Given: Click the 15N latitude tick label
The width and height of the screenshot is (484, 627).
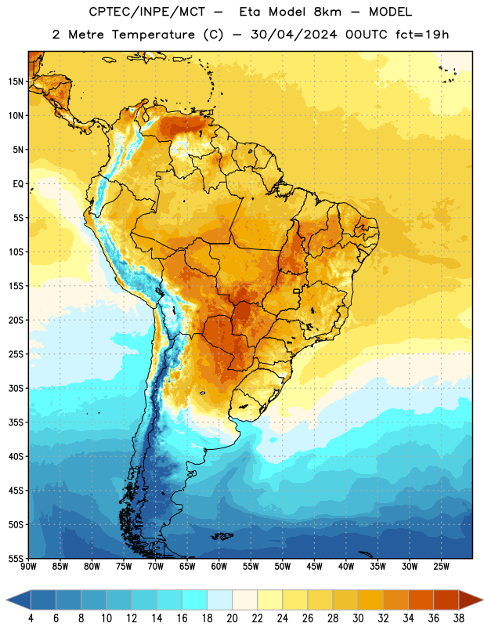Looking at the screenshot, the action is coord(16,82).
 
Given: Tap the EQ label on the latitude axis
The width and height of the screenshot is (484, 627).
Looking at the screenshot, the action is coord(18,184).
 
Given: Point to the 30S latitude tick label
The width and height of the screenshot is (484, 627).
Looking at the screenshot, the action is coord(16,388).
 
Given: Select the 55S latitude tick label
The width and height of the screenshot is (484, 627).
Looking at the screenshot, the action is coord(16,558).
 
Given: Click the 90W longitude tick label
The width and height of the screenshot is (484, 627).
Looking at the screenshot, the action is coord(28,567).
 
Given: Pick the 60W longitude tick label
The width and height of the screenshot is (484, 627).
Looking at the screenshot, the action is coord(219,567).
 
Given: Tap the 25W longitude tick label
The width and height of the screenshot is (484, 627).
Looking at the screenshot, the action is coord(441,567).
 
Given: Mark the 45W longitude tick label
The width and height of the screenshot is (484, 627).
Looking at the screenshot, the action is coord(314,567).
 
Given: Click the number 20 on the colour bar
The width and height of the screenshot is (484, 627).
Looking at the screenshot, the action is coord(232,618).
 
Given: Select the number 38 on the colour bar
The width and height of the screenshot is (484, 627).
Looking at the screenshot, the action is coord(459,618).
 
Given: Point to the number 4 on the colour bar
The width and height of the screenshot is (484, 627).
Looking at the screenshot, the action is coord(31,618).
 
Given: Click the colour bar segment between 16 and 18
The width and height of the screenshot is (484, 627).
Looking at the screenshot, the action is coord(195,600).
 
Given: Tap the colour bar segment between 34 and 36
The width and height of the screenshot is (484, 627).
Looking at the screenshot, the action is coord(421,600).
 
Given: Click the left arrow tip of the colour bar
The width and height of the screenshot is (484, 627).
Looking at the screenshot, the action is coord(6,600).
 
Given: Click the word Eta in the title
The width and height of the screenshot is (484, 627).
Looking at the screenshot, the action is coord(250,12).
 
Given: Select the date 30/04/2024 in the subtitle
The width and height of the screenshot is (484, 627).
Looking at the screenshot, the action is coord(294,34).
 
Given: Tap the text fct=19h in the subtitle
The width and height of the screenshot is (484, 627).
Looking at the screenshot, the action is coord(422,34).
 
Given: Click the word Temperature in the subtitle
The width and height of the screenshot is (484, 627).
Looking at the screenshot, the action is coord(154,34).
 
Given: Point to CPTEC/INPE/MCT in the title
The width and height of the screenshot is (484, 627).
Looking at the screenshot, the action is coord(147,12).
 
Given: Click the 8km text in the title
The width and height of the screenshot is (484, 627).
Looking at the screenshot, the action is coord(327,12).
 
